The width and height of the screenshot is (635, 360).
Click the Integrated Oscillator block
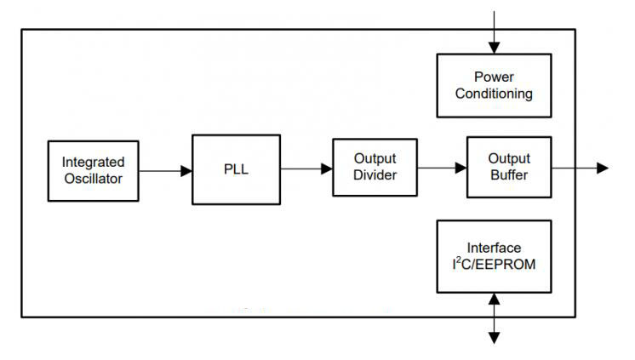pos(93,170)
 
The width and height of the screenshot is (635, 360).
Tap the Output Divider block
pos(375,168)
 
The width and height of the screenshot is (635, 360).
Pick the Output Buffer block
pos(509,168)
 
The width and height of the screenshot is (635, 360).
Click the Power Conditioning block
pos(494,85)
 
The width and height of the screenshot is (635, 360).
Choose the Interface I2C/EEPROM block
pos(494,256)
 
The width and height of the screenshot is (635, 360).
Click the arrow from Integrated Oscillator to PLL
pos(165,170)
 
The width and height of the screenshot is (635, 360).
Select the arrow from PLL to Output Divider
pos(306,169)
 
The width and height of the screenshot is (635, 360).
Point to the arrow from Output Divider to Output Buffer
pos(443,168)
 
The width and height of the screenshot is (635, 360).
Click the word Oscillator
pos(93,179)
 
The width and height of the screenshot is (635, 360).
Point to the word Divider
pos(375,175)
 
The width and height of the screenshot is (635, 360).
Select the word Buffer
pos(509,175)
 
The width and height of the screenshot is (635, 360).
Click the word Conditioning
pos(494,94)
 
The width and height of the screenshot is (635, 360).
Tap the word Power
pos(494,77)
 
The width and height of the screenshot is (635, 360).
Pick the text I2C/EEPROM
pos(494,265)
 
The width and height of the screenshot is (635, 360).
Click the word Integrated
pos(93,162)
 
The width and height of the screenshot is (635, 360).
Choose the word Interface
pos(494,248)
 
